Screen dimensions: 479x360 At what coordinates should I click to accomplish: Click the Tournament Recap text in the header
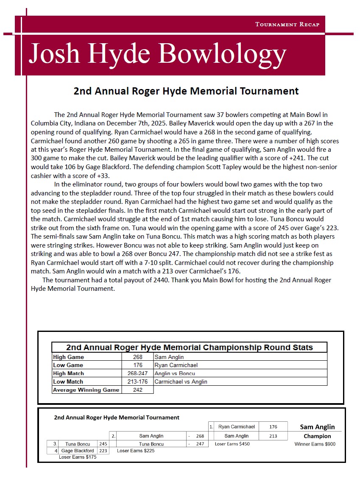click(x=287, y=24)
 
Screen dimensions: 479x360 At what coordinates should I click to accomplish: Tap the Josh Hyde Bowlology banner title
click(x=157, y=54)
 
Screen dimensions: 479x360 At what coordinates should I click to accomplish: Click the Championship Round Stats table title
click(x=189, y=348)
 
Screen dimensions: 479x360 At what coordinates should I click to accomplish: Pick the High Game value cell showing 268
click(x=137, y=357)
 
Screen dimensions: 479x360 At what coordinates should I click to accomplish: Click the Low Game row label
click(x=68, y=365)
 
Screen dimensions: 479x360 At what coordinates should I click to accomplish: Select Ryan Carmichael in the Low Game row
click(x=176, y=365)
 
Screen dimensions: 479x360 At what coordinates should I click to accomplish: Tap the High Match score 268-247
click(x=137, y=373)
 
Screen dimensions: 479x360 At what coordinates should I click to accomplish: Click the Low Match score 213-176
click(x=137, y=382)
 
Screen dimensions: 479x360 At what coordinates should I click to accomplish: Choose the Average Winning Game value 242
click(x=137, y=390)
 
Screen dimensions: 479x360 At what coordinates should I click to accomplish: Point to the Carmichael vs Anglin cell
click(x=181, y=382)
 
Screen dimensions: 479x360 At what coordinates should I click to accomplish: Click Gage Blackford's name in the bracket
click(x=78, y=451)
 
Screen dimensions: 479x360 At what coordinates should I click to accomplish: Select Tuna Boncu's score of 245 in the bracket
click(x=103, y=444)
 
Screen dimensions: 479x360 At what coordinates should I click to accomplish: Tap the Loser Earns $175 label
click(x=78, y=457)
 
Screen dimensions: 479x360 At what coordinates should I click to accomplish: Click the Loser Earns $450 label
click(x=232, y=444)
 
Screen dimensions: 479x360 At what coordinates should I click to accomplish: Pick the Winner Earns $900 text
click(x=315, y=444)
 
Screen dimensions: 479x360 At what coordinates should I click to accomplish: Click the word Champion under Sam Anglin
click(x=317, y=436)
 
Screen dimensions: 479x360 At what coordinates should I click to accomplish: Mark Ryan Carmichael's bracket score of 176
click(x=273, y=426)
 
